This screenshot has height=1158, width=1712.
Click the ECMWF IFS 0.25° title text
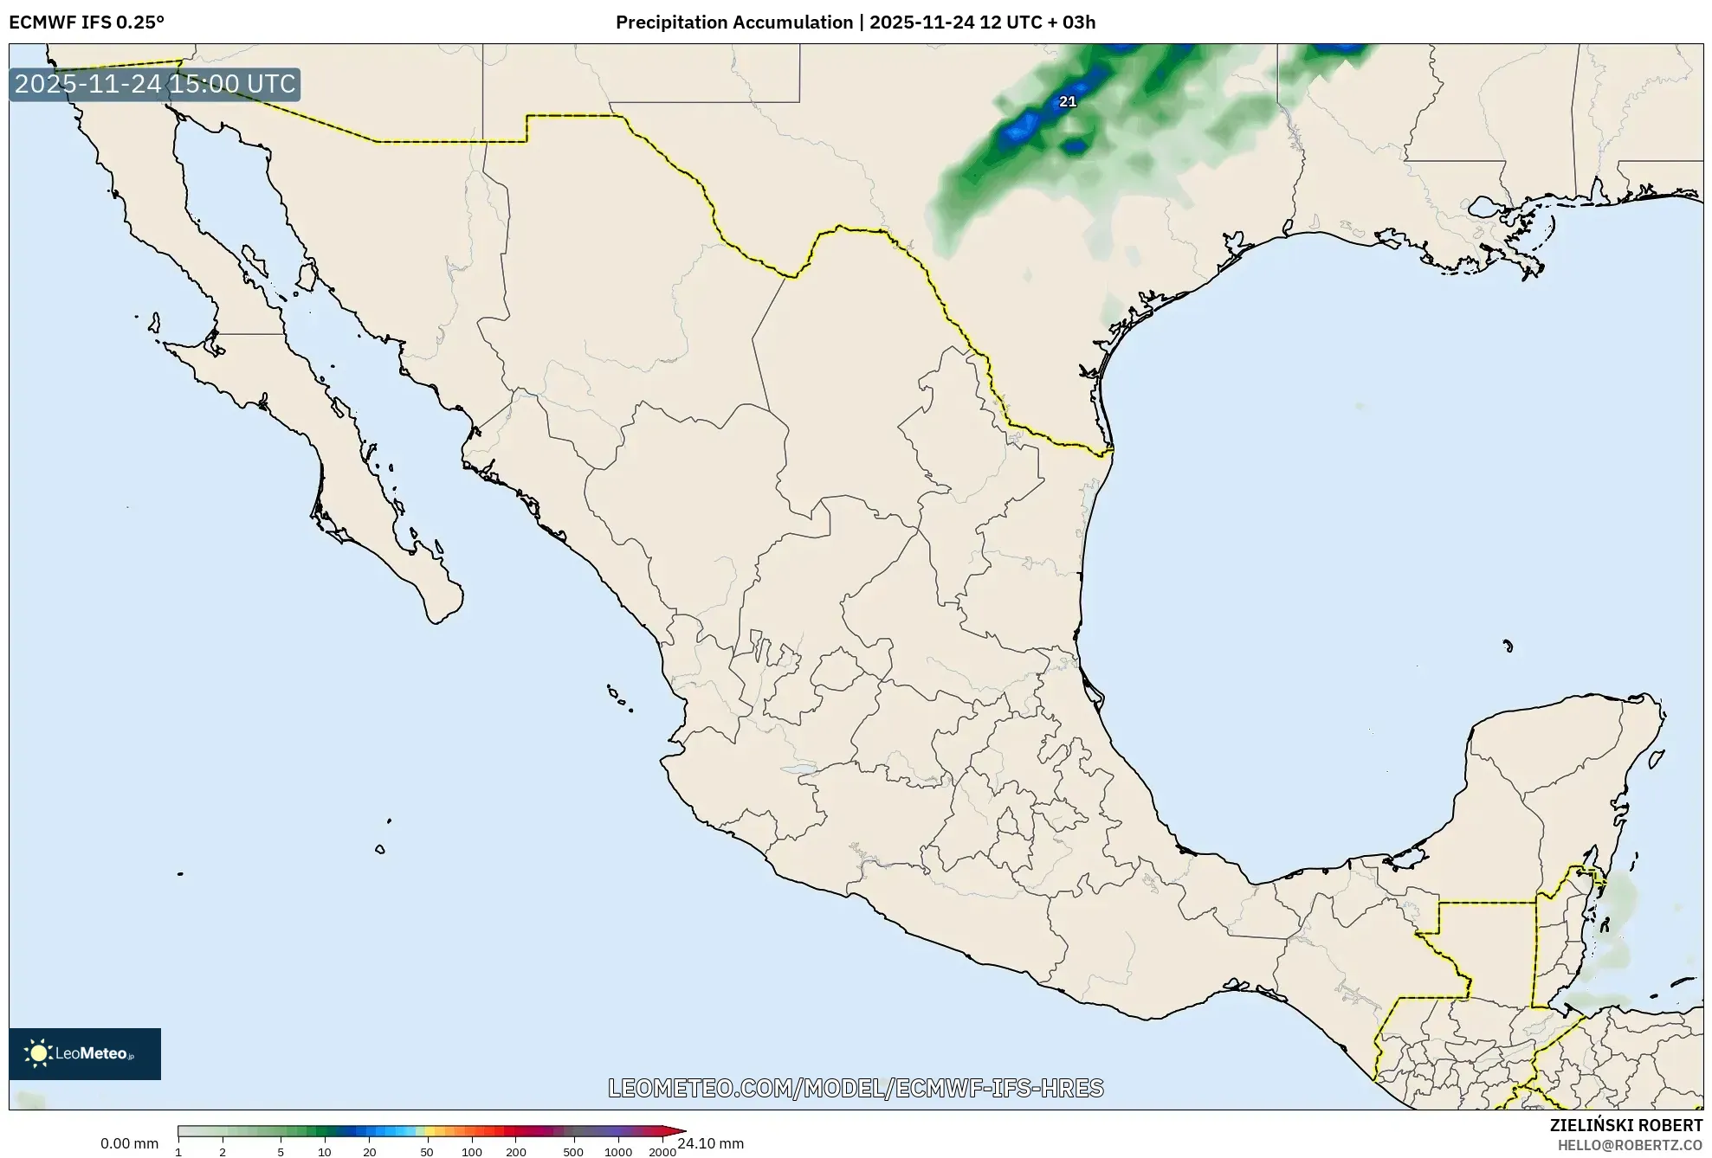click(87, 23)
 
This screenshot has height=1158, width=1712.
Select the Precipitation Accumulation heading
click(733, 23)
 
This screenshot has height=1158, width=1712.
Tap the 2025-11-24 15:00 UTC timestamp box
click(155, 85)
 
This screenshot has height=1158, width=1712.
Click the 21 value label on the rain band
click(1068, 101)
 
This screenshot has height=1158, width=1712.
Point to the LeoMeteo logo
click(85, 1053)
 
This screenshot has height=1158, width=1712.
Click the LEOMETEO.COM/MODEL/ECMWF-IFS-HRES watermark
click(856, 1088)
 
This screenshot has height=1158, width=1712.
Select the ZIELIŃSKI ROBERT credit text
click(1625, 1125)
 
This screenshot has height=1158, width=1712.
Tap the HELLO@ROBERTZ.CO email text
click(1630, 1145)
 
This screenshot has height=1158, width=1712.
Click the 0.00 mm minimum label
click(129, 1143)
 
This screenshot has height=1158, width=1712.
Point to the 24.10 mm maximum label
click(711, 1143)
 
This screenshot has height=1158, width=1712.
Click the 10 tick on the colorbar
click(325, 1152)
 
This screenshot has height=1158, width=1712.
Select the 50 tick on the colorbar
click(426, 1152)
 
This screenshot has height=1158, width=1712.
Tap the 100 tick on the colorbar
click(472, 1152)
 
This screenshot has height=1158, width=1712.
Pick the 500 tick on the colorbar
click(573, 1152)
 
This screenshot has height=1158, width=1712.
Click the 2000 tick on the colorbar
click(662, 1152)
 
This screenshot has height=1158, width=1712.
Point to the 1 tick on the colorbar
click(178, 1152)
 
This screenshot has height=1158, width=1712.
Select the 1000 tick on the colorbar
click(618, 1152)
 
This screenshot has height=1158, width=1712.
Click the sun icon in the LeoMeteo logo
click(38, 1053)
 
